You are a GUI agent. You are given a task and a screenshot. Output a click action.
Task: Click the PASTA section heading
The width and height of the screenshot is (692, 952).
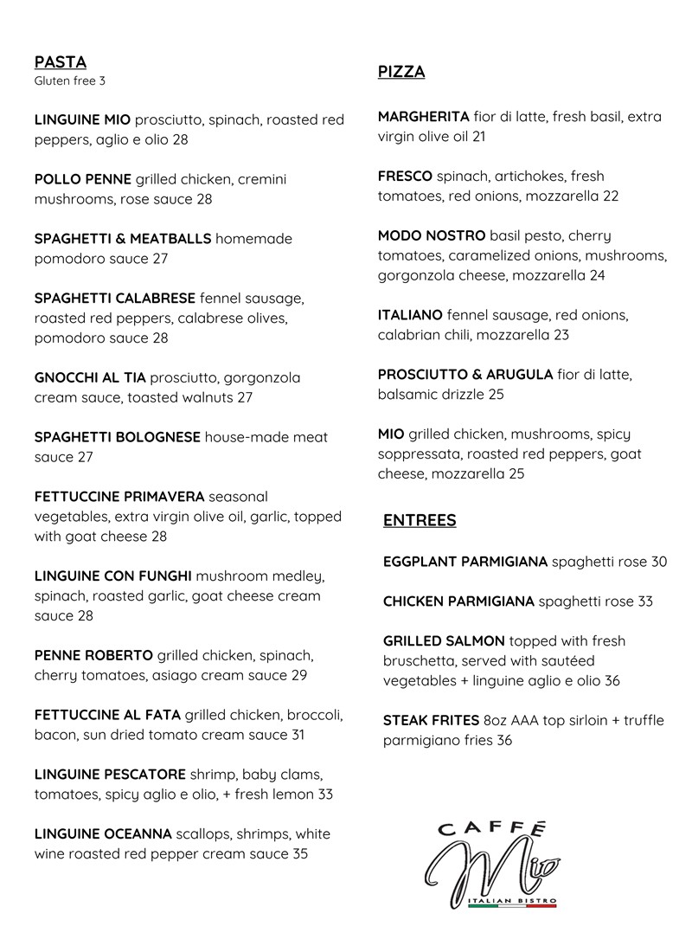(x=61, y=62)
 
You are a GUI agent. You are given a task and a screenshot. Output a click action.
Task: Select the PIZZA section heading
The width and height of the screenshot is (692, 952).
(x=401, y=73)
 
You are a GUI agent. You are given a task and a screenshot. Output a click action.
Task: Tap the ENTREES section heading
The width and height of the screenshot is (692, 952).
(x=420, y=521)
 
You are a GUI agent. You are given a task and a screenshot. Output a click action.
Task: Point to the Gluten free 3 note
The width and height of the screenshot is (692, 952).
(x=70, y=82)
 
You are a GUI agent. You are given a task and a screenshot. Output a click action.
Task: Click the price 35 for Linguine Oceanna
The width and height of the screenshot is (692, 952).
(x=299, y=854)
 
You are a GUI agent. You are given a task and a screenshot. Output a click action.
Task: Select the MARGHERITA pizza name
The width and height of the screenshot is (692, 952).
(x=424, y=117)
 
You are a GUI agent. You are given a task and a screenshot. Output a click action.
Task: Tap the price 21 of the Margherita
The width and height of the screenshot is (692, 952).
(x=478, y=137)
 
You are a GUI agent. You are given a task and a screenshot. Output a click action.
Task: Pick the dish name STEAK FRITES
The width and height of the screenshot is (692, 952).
(x=431, y=721)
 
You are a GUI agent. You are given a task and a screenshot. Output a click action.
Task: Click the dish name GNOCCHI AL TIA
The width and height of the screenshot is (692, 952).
(x=90, y=378)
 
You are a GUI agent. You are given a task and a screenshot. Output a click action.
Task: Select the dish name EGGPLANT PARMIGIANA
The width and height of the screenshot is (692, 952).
(x=465, y=562)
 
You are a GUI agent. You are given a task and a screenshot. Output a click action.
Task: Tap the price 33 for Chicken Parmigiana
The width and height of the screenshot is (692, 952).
(x=644, y=601)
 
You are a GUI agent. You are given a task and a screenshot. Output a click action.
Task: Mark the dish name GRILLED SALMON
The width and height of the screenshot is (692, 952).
(x=444, y=641)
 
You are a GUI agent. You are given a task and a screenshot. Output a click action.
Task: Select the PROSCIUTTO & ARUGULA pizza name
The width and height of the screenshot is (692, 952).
(x=465, y=375)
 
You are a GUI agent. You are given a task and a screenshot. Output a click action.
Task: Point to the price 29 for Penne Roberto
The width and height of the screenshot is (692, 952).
(x=299, y=675)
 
